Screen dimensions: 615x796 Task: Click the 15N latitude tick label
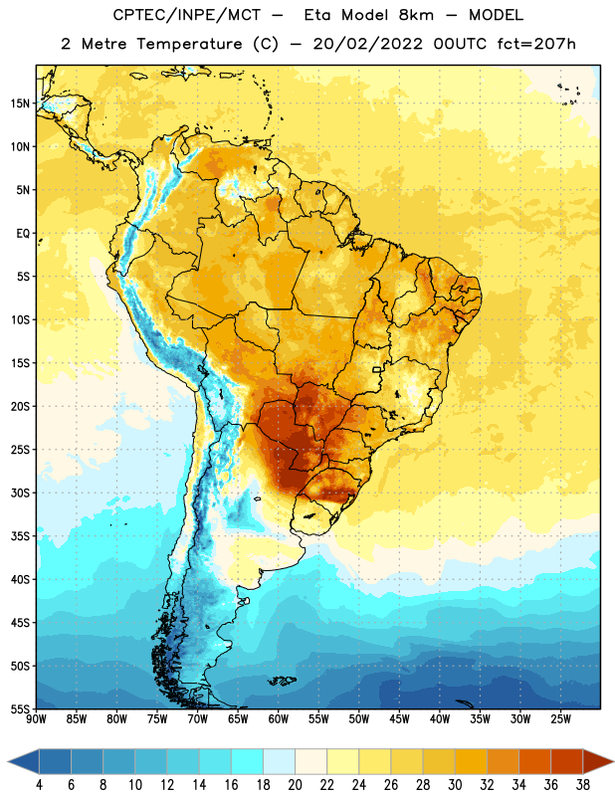pos(20,103)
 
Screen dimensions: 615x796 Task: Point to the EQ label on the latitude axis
pos(23,234)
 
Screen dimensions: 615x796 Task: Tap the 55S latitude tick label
pos(20,709)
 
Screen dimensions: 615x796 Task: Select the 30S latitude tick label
pos(20,493)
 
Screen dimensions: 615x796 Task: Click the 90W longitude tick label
pos(36,719)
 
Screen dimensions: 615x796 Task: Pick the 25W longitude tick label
pos(560,719)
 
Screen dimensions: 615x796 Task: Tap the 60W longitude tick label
pos(279,719)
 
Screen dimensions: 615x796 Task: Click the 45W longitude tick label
pos(399,719)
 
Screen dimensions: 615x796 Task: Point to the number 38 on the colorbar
pos(583,785)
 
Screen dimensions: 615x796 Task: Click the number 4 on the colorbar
pos(39,785)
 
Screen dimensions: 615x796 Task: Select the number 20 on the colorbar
pos(295,785)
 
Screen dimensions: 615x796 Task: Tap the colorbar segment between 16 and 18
pos(248,761)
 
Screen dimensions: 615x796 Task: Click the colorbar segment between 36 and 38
pos(567,761)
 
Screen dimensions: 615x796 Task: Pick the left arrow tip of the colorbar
pos(8,761)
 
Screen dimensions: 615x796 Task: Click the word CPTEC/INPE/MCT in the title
pos(186,15)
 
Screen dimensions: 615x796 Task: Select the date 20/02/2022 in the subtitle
pos(367,44)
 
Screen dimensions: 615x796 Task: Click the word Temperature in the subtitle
pos(189,44)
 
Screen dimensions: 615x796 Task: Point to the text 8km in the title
pos(416,15)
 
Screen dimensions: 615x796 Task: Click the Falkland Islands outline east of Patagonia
pos(283,681)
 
